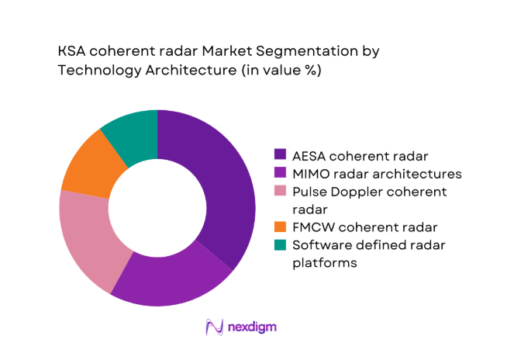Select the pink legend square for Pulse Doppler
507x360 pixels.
pyautogui.click(x=281, y=191)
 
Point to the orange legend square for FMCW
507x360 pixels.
pyautogui.click(x=281, y=227)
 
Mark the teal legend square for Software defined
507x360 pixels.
pyautogui.click(x=281, y=245)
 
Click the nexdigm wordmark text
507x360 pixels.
pyautogui.click(x=251, y=327)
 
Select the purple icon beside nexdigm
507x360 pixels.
pyautogui.click(x=214, y=327)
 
